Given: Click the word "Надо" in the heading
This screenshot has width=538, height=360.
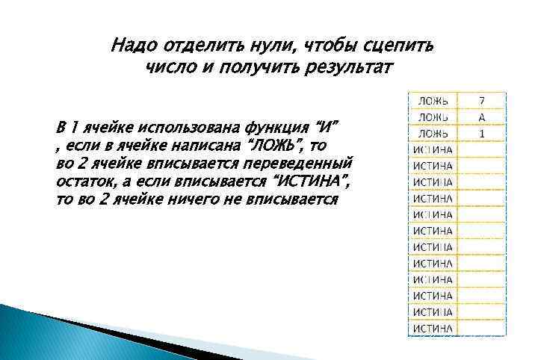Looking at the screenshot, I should click(x=129, y=46).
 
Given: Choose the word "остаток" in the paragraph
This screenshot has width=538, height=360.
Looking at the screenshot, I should click(x=84, y=181).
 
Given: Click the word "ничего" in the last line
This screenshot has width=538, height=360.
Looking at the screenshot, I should click(x=194, y=199).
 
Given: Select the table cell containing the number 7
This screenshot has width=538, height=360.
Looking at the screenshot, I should click(x=482, y=100).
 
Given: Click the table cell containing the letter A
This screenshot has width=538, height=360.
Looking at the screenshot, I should click(x=482, y=117).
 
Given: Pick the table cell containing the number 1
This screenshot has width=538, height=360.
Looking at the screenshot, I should click(x=482, y=133).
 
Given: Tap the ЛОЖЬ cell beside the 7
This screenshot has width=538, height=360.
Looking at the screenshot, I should click(x=433, y=100).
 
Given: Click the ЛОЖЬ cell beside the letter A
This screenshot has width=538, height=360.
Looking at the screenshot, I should click(x=433, y=117).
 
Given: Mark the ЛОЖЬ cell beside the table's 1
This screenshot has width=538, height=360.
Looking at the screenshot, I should click(x=433, y=133).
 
